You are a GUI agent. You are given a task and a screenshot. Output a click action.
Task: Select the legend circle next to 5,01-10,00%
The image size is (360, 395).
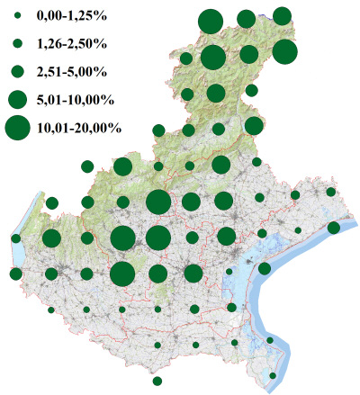click(16, 98)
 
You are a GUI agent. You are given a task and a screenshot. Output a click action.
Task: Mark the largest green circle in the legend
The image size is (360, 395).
click(16, 128)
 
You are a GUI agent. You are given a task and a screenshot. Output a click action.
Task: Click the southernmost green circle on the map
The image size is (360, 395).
click(157, 381)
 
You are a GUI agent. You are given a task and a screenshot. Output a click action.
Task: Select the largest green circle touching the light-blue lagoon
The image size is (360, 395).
click(265, 268)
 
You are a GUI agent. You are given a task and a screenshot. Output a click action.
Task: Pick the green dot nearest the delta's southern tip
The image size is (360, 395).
click(274, 375)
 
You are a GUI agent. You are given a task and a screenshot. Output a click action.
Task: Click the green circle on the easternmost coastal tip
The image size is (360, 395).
click(334, 228)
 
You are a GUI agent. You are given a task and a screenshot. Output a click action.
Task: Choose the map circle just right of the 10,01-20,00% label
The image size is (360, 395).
click(159, 130)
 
